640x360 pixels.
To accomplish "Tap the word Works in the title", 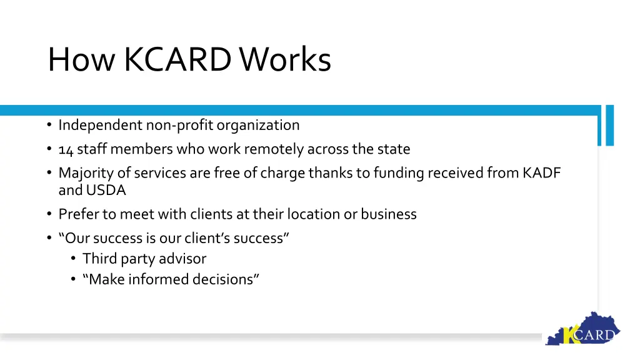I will [x=286, y=60].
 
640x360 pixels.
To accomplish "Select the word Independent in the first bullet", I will [x=101, y=125].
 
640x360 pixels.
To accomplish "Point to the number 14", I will [x=66, y=149].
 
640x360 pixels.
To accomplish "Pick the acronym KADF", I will [x=541, y=173].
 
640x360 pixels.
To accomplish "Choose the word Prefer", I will [x=79, y=214].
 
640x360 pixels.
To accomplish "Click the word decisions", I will [x=225, y=279].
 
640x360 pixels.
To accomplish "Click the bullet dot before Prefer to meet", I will [x=49, y=214].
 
